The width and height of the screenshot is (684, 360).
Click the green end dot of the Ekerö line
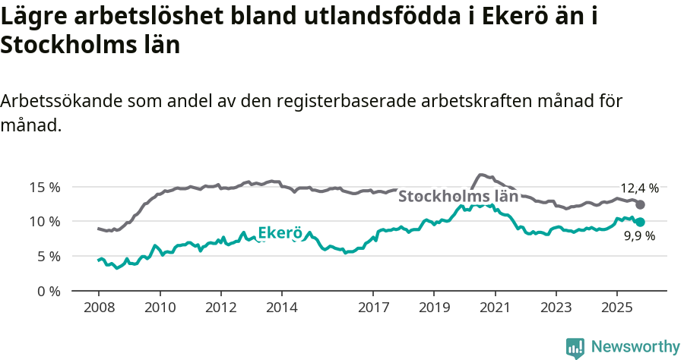pos(640,222)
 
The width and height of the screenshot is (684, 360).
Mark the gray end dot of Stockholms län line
pos(640,205)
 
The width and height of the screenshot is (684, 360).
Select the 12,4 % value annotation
pos(639,188)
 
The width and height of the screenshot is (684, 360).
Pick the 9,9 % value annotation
pos(639,237)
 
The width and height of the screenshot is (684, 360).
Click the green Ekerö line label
pos(280,233)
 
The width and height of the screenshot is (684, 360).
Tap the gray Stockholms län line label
pos(458,196)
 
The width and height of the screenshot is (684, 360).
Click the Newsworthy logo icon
pos(575,347)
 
